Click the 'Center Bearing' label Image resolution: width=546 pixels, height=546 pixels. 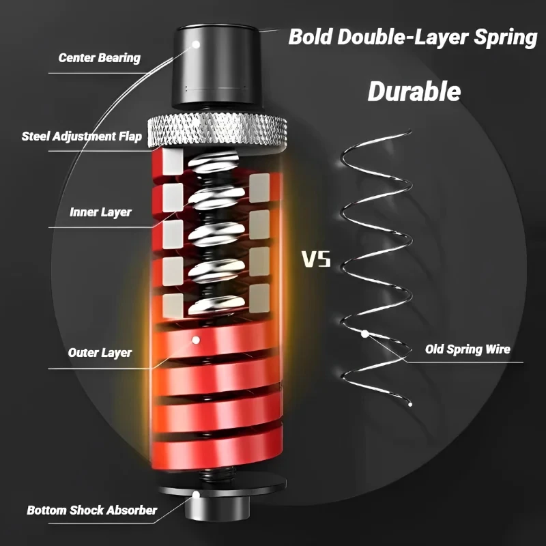[x=100, y=57]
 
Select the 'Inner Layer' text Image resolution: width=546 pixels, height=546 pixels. [x=100, y=212]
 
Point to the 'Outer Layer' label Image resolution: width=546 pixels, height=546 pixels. [x=100, y=353]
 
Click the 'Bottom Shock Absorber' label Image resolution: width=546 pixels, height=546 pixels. [x=92, y=510]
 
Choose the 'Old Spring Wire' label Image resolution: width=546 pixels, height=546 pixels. [x=468, y=349]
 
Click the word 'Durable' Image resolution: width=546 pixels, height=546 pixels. [x=414, y=91]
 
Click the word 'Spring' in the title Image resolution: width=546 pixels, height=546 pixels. [x=502, y=37]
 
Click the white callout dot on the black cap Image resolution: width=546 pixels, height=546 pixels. [x=197, y=43]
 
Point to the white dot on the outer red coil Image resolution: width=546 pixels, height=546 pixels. [x=196, y=339]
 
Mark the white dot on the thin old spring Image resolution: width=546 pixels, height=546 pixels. [x=366, y=333]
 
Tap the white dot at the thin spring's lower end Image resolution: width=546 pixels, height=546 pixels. [x=410, y=404]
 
